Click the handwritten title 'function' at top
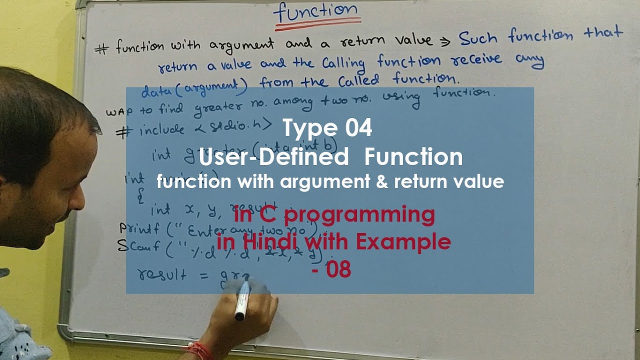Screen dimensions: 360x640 316,12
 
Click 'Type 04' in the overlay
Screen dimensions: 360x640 327,128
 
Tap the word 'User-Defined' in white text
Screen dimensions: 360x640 273,157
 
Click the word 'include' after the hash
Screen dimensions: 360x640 161,130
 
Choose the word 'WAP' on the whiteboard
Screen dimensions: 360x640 117,111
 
